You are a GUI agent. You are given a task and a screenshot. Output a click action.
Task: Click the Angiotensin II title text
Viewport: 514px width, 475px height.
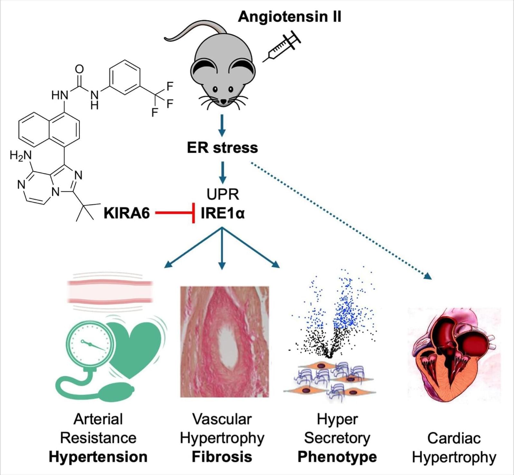click(x=289, y=16)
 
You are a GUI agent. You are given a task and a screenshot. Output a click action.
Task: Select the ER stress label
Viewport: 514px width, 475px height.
click(x=222, y=148)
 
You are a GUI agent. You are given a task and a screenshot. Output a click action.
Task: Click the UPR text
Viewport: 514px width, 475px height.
click(x=223, y=194)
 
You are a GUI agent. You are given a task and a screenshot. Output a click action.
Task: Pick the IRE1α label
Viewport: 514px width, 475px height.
click(x=223, y=213)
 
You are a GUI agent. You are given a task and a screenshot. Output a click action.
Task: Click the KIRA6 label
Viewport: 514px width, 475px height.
click(x=127, y=213)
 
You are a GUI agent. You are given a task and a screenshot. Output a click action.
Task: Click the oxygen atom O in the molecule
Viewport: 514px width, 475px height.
click(x=79, y=69)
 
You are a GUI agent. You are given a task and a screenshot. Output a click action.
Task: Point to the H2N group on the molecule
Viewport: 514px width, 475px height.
click(x=21, y=156)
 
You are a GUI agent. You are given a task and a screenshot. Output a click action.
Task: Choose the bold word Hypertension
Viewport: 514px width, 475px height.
click(x=98, y=457)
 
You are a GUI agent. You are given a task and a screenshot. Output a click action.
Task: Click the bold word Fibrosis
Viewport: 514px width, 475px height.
click(x=222, y=457)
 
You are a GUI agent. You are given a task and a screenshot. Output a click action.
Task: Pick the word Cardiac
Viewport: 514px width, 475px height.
click(x=454, y=438)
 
